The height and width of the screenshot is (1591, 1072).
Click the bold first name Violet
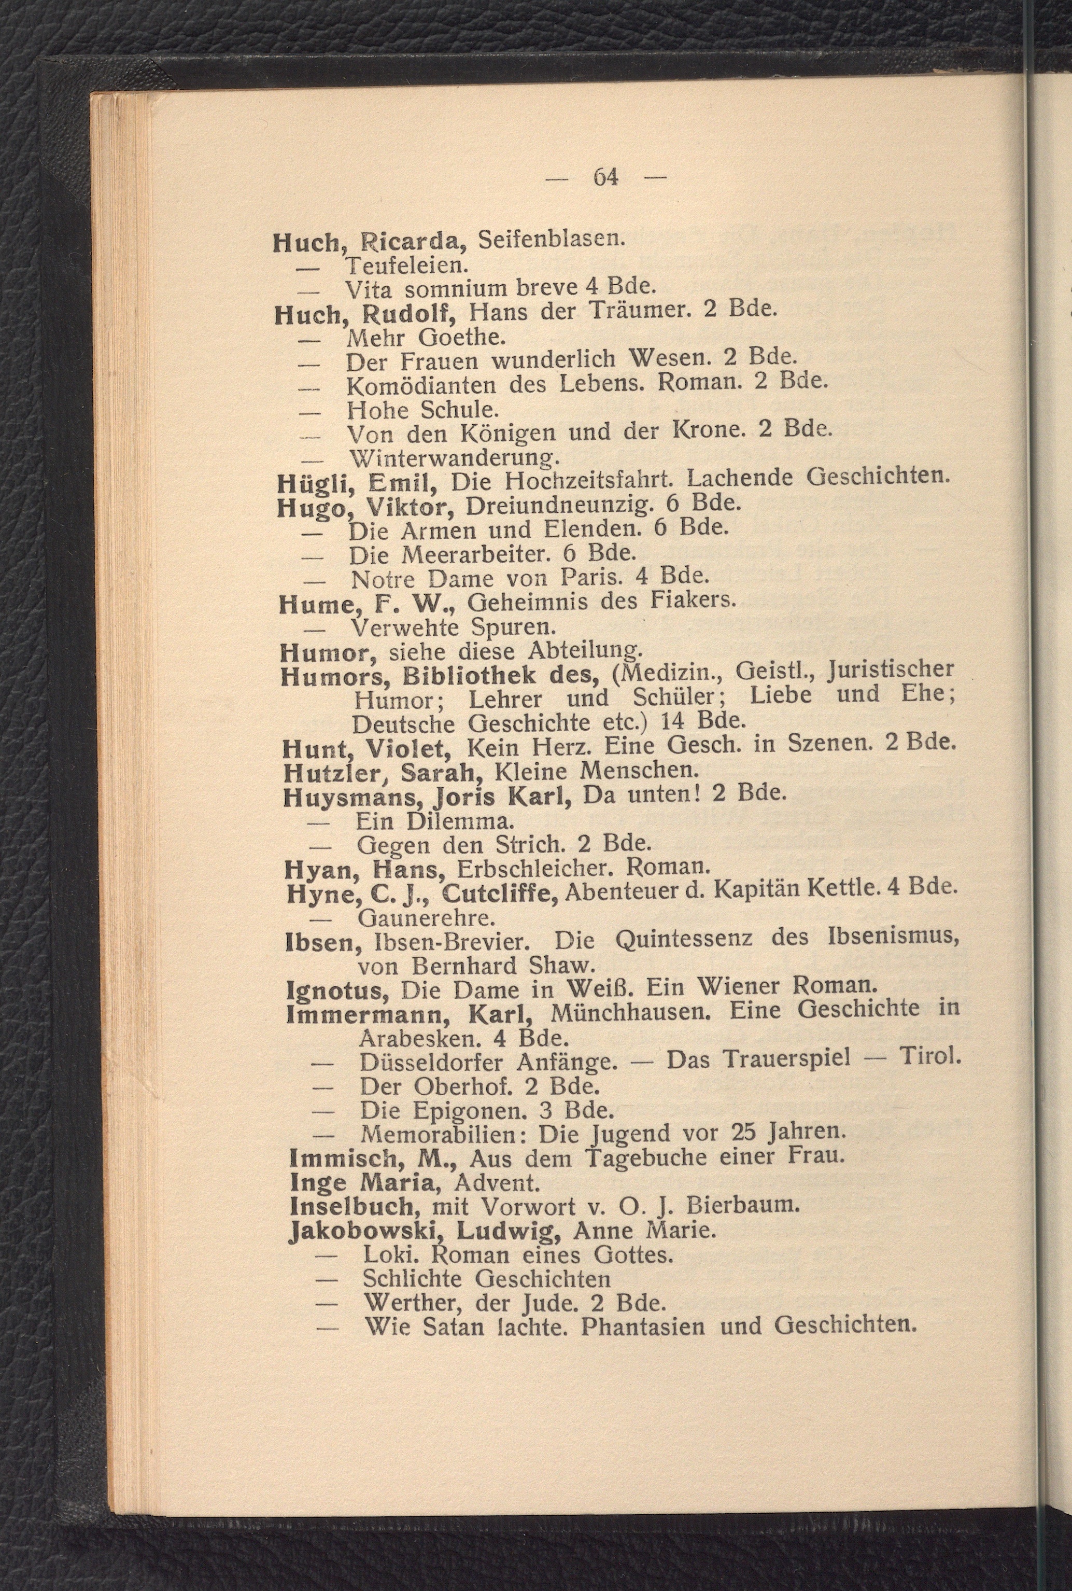407,746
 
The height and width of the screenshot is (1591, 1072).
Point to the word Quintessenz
684,939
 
